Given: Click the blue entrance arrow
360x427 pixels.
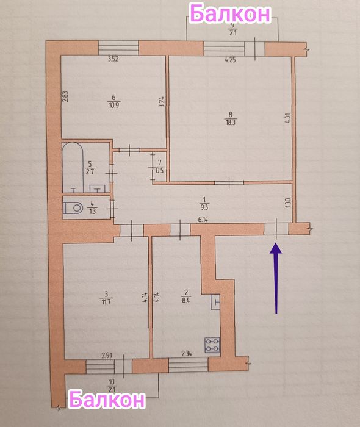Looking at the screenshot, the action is pyautogui.click(x=276, y=278).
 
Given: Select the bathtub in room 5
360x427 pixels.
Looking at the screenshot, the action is pyautogui.click(x=73, y=167).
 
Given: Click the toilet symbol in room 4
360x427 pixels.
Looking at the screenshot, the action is pyautogui.click(x=73, y=209).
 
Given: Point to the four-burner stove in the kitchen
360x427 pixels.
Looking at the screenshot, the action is pyautogui.click(x=212, y=345).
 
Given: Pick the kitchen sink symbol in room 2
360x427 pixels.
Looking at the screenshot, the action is pyautogui.click(x=215, y=302).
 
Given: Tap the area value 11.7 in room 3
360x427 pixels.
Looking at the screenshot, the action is pyautogui.click(x=106, y=302).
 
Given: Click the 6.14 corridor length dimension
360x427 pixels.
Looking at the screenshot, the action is pyautogui.click(x=203, y=220).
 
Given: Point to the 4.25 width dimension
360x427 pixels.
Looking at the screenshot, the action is pyautogui.click(x=231, y=60).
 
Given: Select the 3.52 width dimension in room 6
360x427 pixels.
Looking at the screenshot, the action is pyautogui.click(x=113, y=59).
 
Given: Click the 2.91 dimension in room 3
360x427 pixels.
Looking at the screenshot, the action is pyautogui.click(x=107, y=355).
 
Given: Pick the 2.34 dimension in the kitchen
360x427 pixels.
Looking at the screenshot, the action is pyautogui.click(x=187, y=354).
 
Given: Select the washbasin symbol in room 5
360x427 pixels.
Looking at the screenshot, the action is pyautogui.click(x=97, y=188).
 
